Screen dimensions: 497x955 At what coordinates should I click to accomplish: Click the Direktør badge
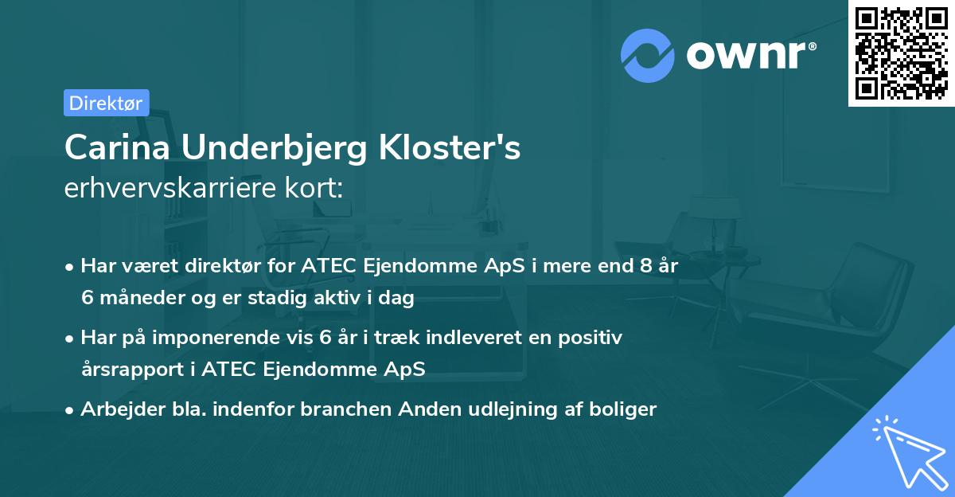click(106, 103)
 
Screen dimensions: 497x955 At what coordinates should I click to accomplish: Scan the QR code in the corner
click(901, 53)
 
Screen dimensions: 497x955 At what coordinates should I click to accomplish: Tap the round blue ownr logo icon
click(648, 55)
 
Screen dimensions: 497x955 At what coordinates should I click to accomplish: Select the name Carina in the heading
click(117, 148)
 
